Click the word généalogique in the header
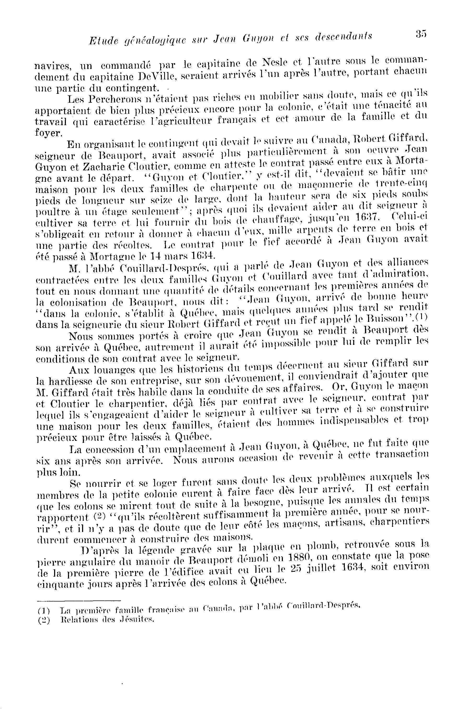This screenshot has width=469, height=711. click(140, 40)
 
